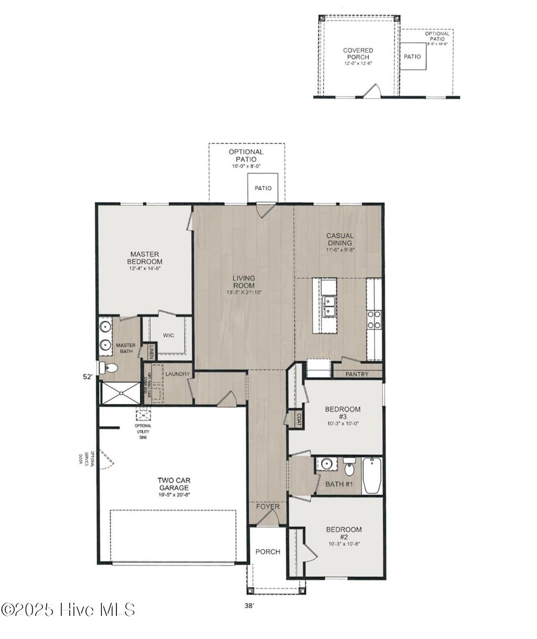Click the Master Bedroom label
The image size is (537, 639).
pyautogui.click(x=145, y=257)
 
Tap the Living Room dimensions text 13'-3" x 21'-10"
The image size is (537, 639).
pyautogui.click(x=244, y=293)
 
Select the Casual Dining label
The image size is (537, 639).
pyautogui.click(x=340, y=240)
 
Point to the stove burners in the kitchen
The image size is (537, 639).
pyautogui.click(x=374, y=319)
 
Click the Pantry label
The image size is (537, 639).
pyautogui.click(x=357, y=374)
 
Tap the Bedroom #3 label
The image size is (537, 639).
pyautogui.click(x=342, y=413)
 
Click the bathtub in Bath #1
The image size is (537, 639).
pyautogui.click(x=373, y=475)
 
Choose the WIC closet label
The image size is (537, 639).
pyautogui.click(x=168, y=335)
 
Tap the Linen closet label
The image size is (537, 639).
pyautogui.click(x=151, y=351)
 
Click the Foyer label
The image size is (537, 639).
pyautogui.click(x=267, y=507)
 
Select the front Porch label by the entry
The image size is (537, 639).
pyautogui.click(x=267, y=551)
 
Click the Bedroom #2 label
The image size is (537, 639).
pyautogui.click(x=343, y=533)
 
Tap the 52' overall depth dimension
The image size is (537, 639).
pyautogui.click(x=88, y=376)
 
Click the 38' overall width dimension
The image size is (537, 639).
pyautogui.click(x=249, y=605)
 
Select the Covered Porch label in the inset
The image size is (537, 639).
pyautogui.click(x=358, y=53)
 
